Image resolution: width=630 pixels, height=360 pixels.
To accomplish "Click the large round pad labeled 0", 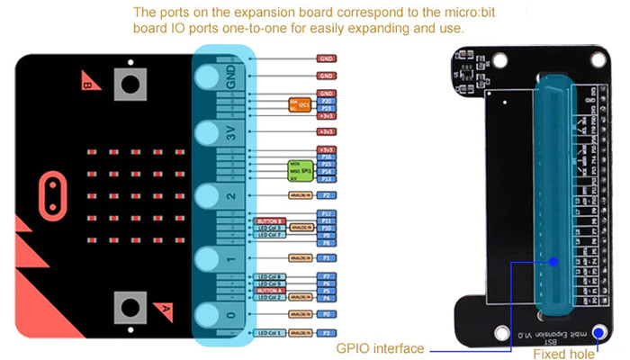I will click(209, 314).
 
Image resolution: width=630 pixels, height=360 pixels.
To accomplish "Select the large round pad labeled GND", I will click(209, 76).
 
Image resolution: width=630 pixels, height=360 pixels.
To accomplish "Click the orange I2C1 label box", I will click(301, 105).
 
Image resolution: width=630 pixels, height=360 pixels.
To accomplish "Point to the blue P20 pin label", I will click(328, 101).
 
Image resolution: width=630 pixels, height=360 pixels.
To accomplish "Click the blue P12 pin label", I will click(328, 213).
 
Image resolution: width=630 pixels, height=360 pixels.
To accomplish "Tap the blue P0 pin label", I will click(328, 314).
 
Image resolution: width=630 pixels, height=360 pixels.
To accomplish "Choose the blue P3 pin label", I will click(328, 333).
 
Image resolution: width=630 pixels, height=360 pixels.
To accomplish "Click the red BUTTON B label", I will click(270, 220).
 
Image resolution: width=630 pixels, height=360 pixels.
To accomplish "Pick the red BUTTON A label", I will click(270, 291).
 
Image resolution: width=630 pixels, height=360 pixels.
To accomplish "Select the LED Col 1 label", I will click(270, 333).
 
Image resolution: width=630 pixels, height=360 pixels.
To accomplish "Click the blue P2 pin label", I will click(328, 194).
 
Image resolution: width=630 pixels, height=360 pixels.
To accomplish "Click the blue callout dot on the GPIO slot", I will click(553, 262).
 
